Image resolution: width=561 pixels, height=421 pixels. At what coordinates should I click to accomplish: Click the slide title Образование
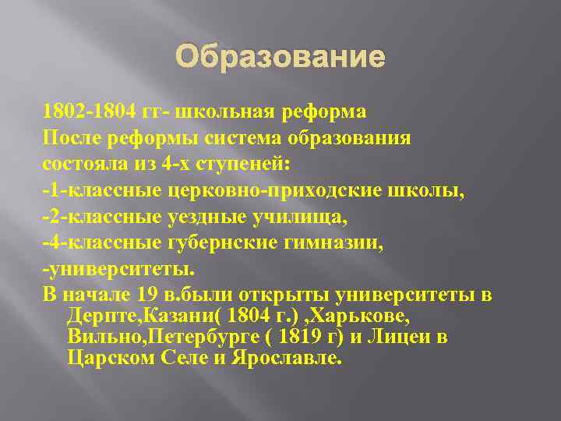click(280, 57)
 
